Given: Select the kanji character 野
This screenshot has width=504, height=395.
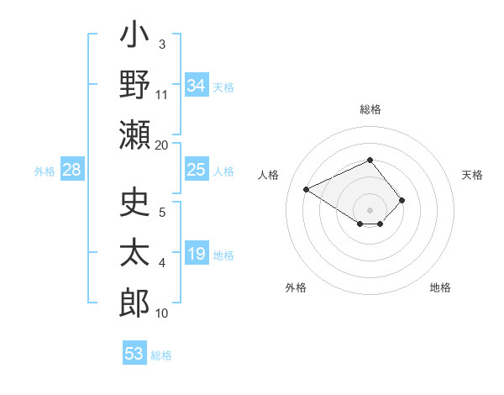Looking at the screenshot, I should pyautogui.click(x=134, y=86).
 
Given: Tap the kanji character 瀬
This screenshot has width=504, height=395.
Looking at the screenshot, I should pyautogui.click(x=134, y=134).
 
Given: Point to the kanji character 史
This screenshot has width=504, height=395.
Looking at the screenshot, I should pyautogui.click(x=134, y=203).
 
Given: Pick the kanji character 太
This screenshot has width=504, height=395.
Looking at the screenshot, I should pyautogui.click(x=134, y=253).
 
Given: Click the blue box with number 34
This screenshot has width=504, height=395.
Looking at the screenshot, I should pyautogui.click(x=197, y=86).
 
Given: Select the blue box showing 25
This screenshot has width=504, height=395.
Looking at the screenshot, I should pyautogui.click(x=197, y=171).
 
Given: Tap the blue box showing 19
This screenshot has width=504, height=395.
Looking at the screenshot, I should pyautogui.click(x=197, y=254).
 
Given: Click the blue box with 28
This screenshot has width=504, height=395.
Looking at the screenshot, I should pyautogui.click(x=72, y=171).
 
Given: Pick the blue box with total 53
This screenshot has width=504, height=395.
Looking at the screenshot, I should pyautogui.click(x=134, y=354).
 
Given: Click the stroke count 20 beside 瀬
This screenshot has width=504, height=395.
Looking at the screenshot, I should pyautogui.click(x=161, y=145).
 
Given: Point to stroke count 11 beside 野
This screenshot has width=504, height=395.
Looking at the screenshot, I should pyautogui.click(x=162, y=94).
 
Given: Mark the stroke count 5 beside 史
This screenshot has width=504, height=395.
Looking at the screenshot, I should pyautogui.click(x=162, y=213).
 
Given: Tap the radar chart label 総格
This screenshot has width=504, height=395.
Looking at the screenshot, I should pyautogui.click(x=370, y=109).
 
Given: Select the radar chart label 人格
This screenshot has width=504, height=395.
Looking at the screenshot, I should pyautogui.click(x=269, y=175).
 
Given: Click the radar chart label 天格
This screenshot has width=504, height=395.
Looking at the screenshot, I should pyautogui.click(x=472, y=175).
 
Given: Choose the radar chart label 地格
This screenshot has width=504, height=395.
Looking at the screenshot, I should pyautogui.click(x=440, y=287).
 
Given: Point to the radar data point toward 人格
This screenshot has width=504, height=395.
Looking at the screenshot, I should pyautogui.click(x=307, y=189).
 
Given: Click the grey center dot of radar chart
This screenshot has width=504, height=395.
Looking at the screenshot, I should pyautogui.click(x=370, y=209).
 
